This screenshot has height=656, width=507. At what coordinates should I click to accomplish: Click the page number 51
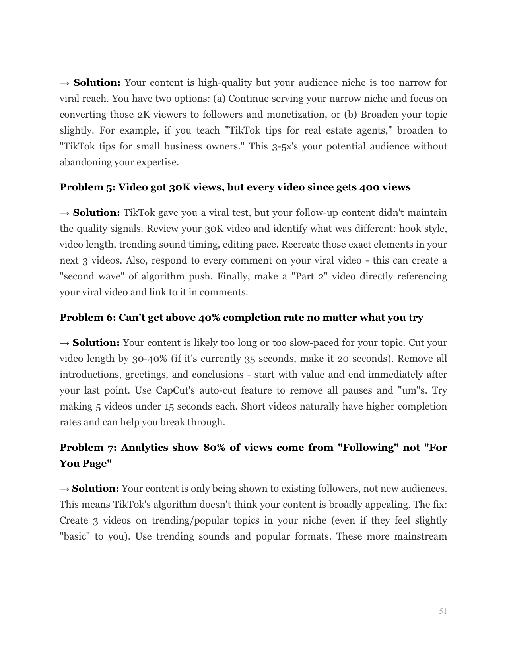[x=443, y=611]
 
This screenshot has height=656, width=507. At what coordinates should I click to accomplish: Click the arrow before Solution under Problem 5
[x=65, y=213]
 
